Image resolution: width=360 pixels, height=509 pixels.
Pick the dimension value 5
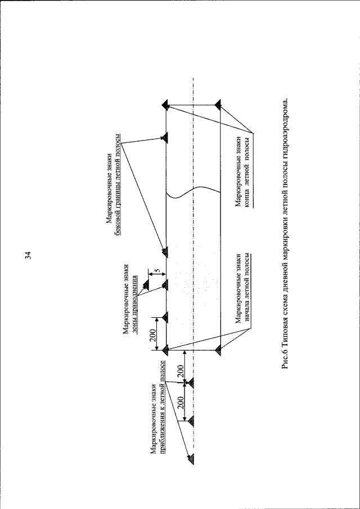(159, 271)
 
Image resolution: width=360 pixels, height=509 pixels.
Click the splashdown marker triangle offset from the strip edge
(146, 285)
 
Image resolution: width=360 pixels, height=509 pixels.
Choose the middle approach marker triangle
(191, 420)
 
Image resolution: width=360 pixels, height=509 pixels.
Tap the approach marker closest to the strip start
(191, 383)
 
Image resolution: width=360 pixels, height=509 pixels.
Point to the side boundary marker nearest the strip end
(164, 137)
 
